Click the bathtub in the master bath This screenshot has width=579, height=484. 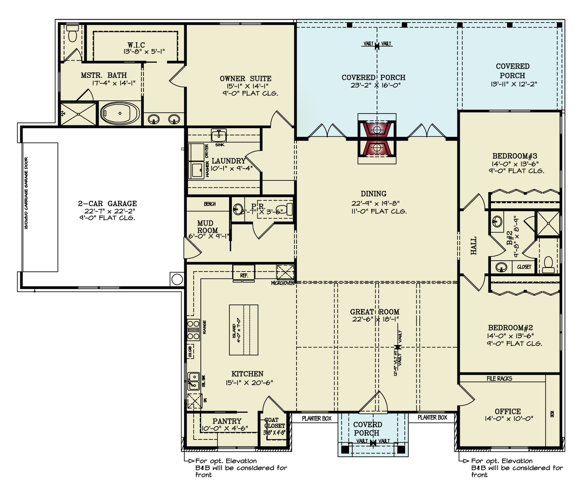(120, 113)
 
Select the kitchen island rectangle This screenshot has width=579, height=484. (244, 330)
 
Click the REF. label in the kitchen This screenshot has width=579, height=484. (244, 275)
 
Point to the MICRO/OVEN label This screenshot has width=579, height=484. (283, 283)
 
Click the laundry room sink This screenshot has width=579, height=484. (219, 135)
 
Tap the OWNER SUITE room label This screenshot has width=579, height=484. (245, 79)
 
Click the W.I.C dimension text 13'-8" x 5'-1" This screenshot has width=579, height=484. (144, 52)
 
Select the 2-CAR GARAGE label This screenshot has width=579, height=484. (107, 203)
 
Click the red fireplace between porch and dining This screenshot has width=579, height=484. (377, 139)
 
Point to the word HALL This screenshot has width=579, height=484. (474, 245)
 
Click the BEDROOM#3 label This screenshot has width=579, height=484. (514, 156)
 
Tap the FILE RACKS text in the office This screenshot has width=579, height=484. (499, 379)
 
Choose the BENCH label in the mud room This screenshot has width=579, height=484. (210, 204)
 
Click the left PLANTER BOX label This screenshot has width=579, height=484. (317, 419)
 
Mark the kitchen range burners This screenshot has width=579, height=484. (193, 330)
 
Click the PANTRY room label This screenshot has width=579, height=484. (227, 421)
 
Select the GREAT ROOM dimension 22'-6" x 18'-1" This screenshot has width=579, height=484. (375, 319)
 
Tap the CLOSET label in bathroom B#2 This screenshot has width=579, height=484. (524, 267)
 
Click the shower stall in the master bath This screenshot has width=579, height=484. (78, 114)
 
